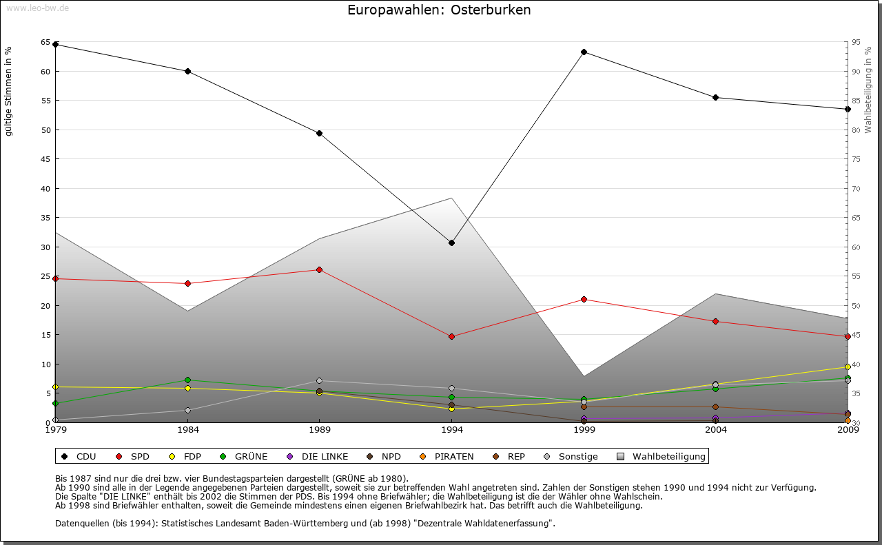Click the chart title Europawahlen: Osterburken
click(439, 10)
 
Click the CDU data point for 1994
click(451, 243)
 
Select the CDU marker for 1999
click(584, 52)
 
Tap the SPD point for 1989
click(319, 269)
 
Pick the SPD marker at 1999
click(584, 299)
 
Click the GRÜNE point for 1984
click(187, 380)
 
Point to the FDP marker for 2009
click(848, 367)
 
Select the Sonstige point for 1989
click(319, 380)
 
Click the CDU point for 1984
click(187, 71)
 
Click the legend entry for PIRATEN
click(453, 456)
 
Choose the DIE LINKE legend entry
click(324, 456)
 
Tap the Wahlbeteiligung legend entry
click(668, 456)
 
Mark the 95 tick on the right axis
click(857, 42)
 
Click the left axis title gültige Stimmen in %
click(9, 91)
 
